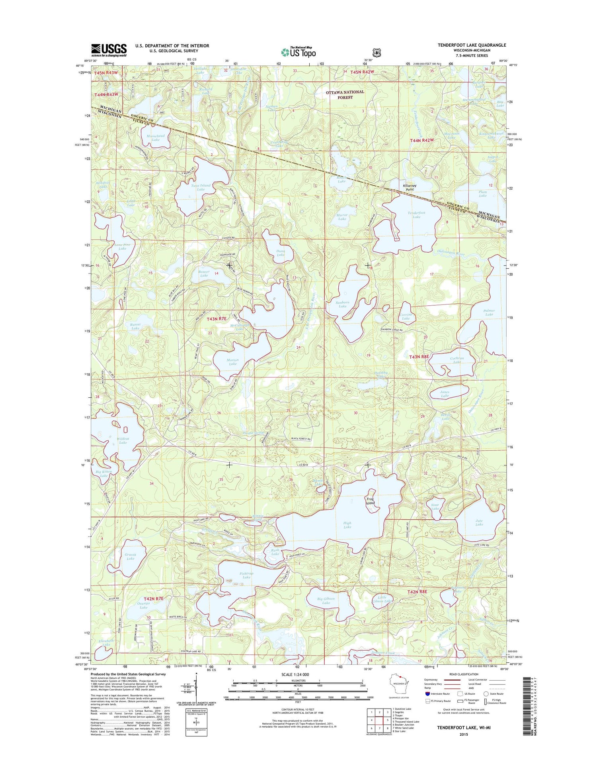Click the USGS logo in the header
coord(109,50)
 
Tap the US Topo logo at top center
coord(298,52)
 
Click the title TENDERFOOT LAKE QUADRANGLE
coord(472,45)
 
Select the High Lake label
coord(347,525)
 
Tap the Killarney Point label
coord(410,188)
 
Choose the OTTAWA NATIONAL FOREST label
coord(345,94)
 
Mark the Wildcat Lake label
coord(123,440)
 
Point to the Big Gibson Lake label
coord(326,601)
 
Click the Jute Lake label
coord(479,522)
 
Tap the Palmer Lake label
coord(489,312)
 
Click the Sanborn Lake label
coord(342,304)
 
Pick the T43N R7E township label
coord(217,319)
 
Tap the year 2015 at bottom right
coord(464,734)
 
